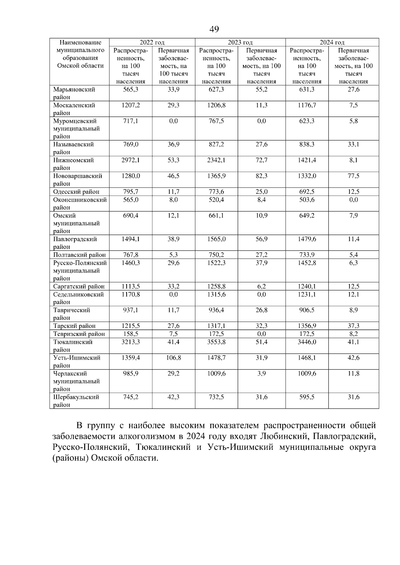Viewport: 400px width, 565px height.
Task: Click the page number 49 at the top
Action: click(214, 29)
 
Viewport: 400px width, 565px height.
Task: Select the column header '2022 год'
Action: click(152, 42)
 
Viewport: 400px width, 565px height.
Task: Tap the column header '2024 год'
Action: click(332, 42)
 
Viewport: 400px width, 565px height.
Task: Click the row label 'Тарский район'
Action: click(74, 326)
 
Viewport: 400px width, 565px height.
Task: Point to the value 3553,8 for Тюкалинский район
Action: click(216, 342)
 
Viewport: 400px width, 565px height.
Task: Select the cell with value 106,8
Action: click(173, 358)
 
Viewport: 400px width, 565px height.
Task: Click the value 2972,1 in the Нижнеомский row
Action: click(131, 160)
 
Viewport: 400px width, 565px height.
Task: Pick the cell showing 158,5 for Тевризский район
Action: click(131, 334)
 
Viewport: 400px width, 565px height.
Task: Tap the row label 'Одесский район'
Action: click(76, 192)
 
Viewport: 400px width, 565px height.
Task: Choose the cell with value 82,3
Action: click(262, 176)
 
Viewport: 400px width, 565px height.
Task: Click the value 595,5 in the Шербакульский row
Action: click(307, 397)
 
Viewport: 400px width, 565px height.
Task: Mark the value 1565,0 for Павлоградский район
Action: click(216, 239)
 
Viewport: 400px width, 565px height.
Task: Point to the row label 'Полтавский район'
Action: click(79, 255)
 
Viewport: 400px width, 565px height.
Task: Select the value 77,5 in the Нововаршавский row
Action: click(354, 176)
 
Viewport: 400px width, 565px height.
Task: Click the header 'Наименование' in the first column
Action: click(80, 43)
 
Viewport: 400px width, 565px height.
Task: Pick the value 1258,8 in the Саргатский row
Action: click(216, 286)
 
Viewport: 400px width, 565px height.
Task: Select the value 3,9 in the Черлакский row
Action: click(262, 374)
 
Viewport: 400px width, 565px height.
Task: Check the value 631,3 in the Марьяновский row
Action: click(307, 89)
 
